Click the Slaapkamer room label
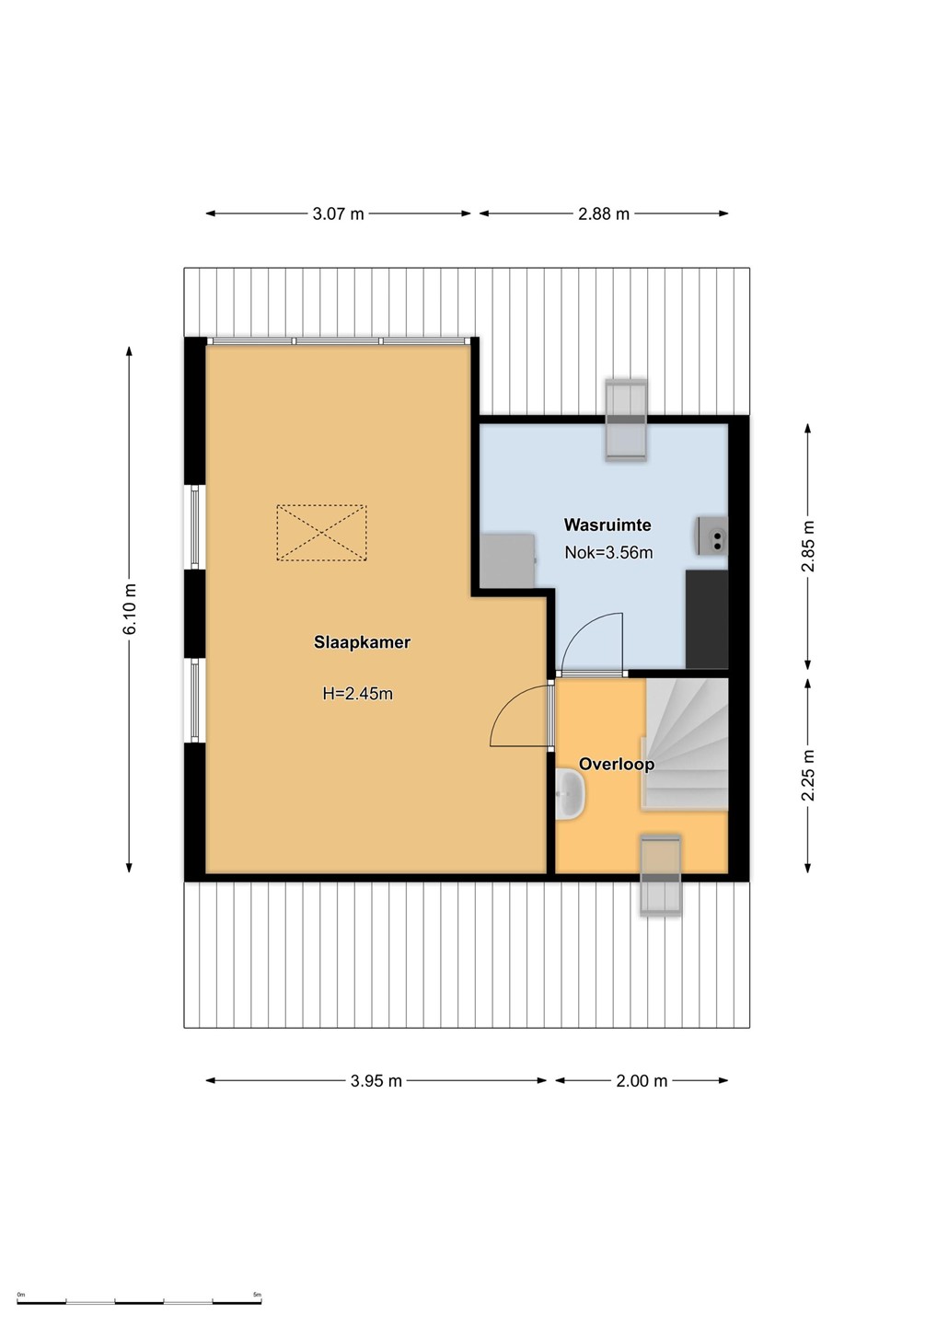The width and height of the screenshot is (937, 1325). click(x=362, y=642)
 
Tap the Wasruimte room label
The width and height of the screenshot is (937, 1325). click(x=607, y=524)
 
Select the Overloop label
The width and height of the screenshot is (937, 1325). click(x=617, y=765)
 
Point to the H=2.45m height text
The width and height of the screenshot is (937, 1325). click(x=357, y=693)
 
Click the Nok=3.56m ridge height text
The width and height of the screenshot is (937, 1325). click(x=608, y=552)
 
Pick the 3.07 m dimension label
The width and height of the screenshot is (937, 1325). click(x=339, y=213)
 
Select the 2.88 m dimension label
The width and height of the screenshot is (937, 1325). click(x=604, y=213)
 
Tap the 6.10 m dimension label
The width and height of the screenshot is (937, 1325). click(x=130, y=609)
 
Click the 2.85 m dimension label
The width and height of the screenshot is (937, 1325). click(x=808, y=546)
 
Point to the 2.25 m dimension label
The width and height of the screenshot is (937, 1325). click(x=808, y=775)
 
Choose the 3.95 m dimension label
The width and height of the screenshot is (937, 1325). click(x=376, y=1080)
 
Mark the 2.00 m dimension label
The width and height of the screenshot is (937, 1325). click(x=642, y=1080)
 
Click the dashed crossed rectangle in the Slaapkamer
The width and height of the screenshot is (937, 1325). click(x=321, y=533)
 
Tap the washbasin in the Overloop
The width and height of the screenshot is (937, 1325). click(x=571, y=795)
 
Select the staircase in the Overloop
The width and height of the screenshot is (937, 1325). click(x=685, y=744)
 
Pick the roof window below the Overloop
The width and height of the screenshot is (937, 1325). click(x=660, y=876)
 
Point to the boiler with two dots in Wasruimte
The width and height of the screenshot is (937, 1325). click(x=712, y=536)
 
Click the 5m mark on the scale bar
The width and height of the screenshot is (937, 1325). click(x=257, y=1295)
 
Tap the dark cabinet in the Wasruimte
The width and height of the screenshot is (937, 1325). click(x=707, y=619)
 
